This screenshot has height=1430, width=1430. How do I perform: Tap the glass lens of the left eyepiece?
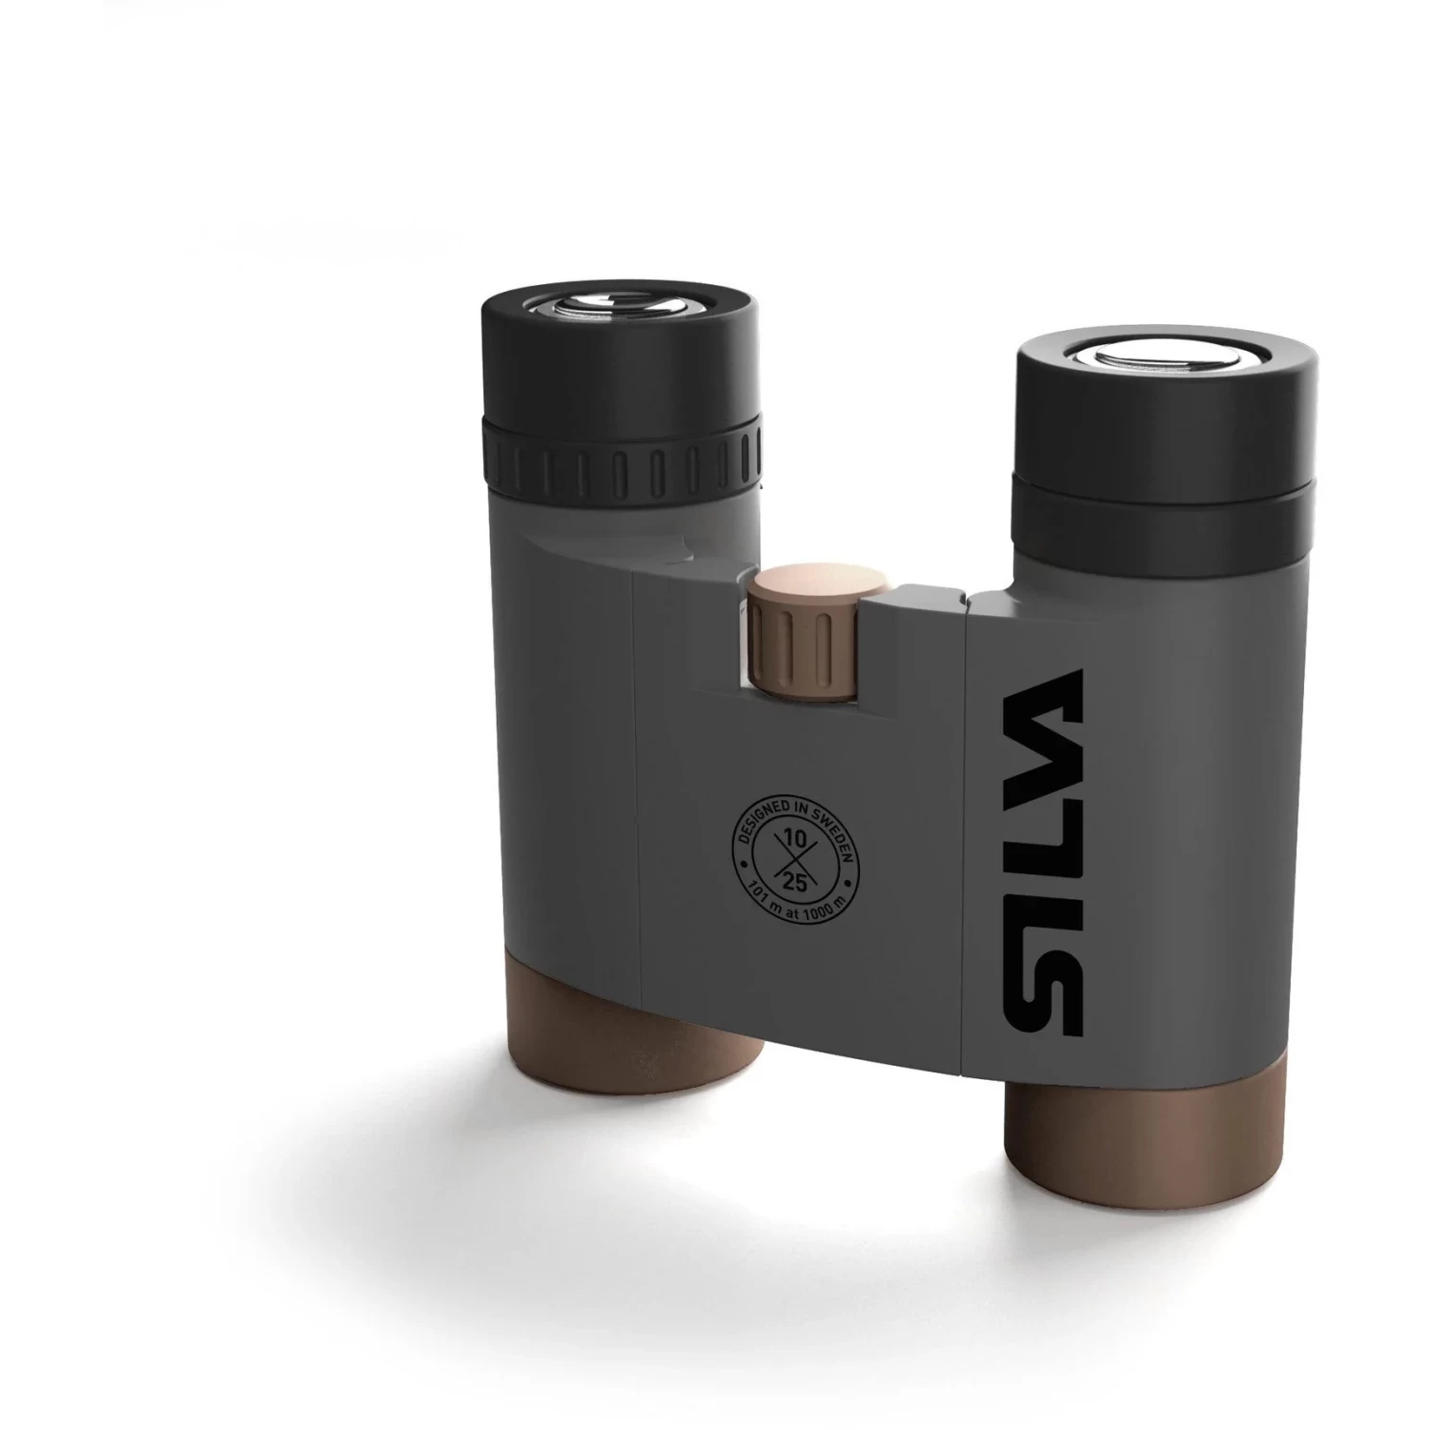[x=617, y=303]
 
